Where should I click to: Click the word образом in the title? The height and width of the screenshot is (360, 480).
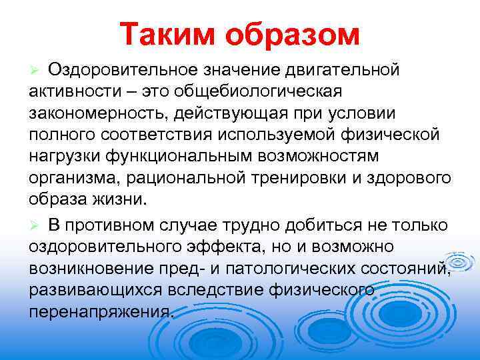pyautogui.click(x=294, y=33)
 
